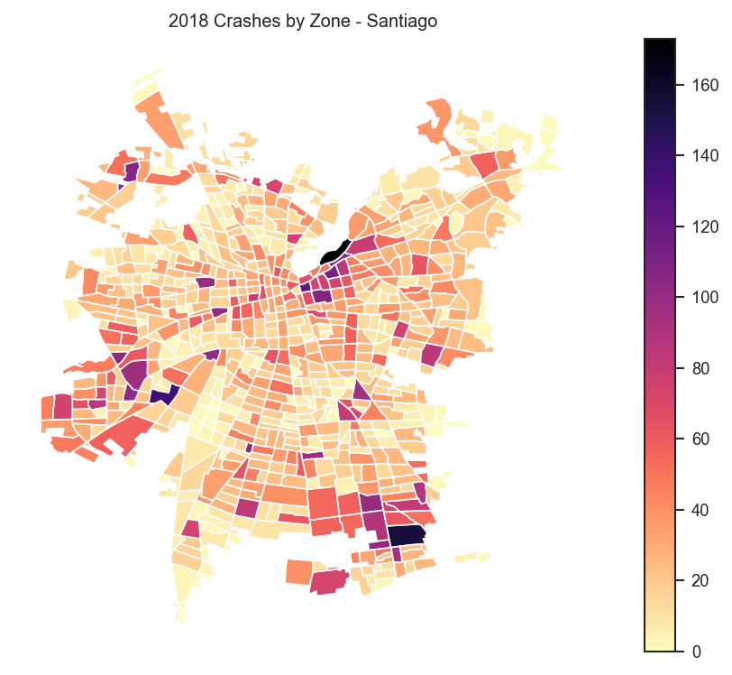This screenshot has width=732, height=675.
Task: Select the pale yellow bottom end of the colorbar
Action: click(x=660, y=645)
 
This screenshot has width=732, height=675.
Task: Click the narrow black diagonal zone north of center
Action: click(x=334, y=252)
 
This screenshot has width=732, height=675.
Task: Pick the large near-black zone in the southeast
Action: click(x=406, y=534)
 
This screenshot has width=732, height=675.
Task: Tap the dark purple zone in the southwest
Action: click(x=163, y=394)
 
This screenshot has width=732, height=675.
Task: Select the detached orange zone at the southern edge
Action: click(x=298, y=572)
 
